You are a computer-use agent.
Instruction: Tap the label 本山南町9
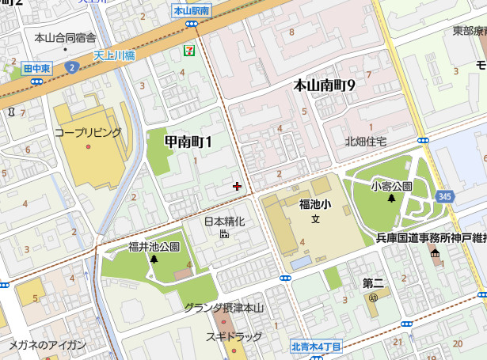[324, 85]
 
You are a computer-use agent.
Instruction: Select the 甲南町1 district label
[188, 142]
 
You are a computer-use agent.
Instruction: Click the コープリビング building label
[88, 132]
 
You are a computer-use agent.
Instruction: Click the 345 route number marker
[445, 195]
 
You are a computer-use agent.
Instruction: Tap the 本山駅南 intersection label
[191, 11]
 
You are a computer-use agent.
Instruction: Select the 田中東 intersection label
[36, 69]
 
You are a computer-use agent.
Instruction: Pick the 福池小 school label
[314, 205]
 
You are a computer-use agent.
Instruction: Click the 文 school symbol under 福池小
[314, 219]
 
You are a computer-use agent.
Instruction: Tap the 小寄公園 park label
[391, 186]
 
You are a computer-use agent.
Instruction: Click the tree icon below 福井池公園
[154, 259]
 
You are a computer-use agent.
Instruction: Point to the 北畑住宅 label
[366, 142]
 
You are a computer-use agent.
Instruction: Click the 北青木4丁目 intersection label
[315, 347]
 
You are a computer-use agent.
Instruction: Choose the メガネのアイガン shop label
[48, 345]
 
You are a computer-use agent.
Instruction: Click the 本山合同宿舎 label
[66, 37]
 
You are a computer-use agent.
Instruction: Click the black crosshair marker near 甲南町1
[237, 187]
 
